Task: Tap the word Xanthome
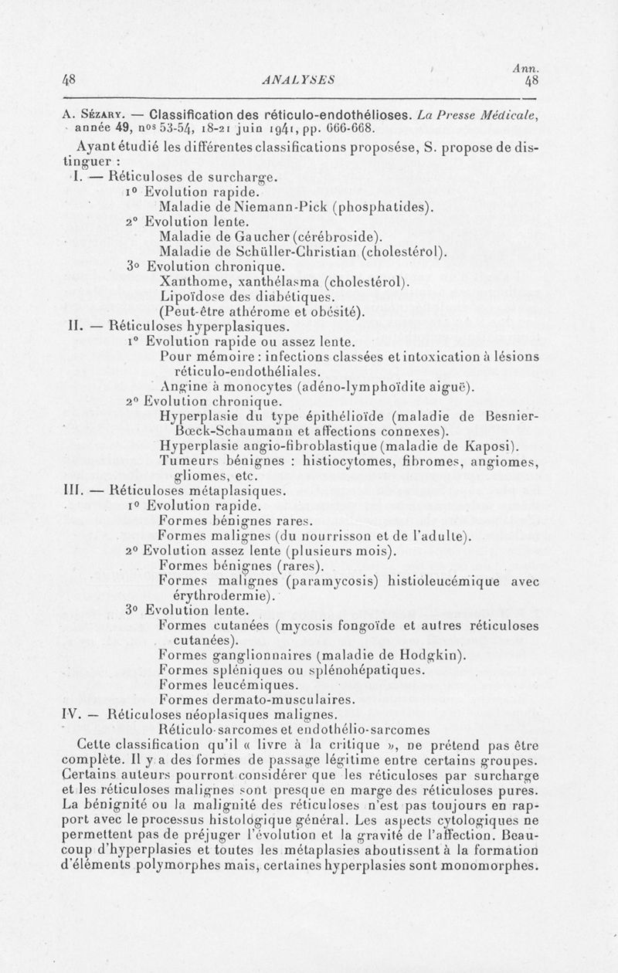pos(192,280)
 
